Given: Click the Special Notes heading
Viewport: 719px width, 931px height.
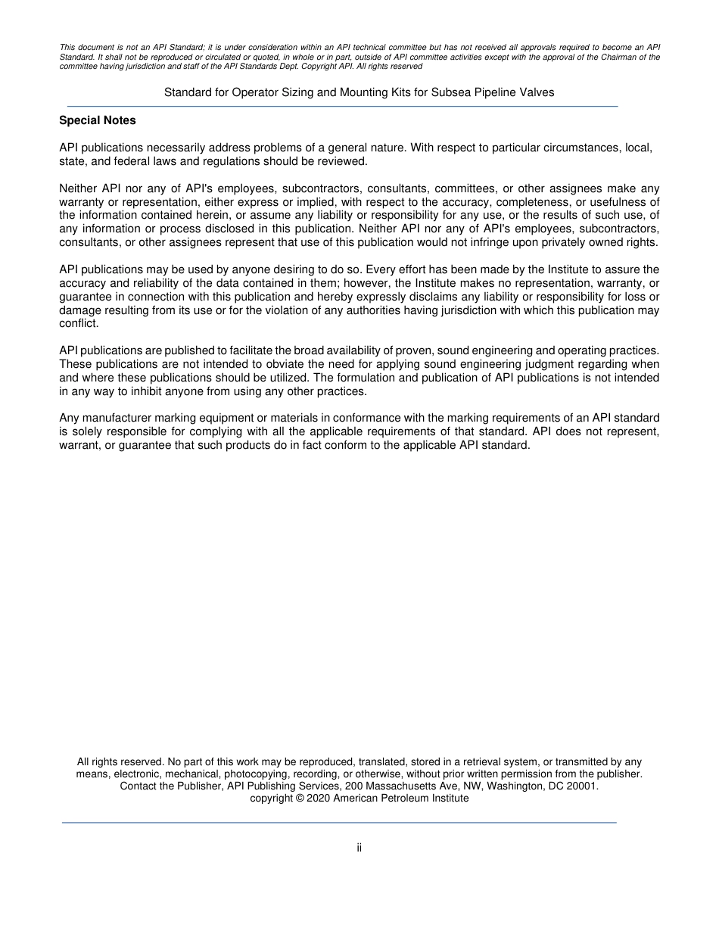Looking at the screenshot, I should [x=98, y=120].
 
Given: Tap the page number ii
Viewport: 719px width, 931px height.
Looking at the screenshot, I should [x=359, y=848].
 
